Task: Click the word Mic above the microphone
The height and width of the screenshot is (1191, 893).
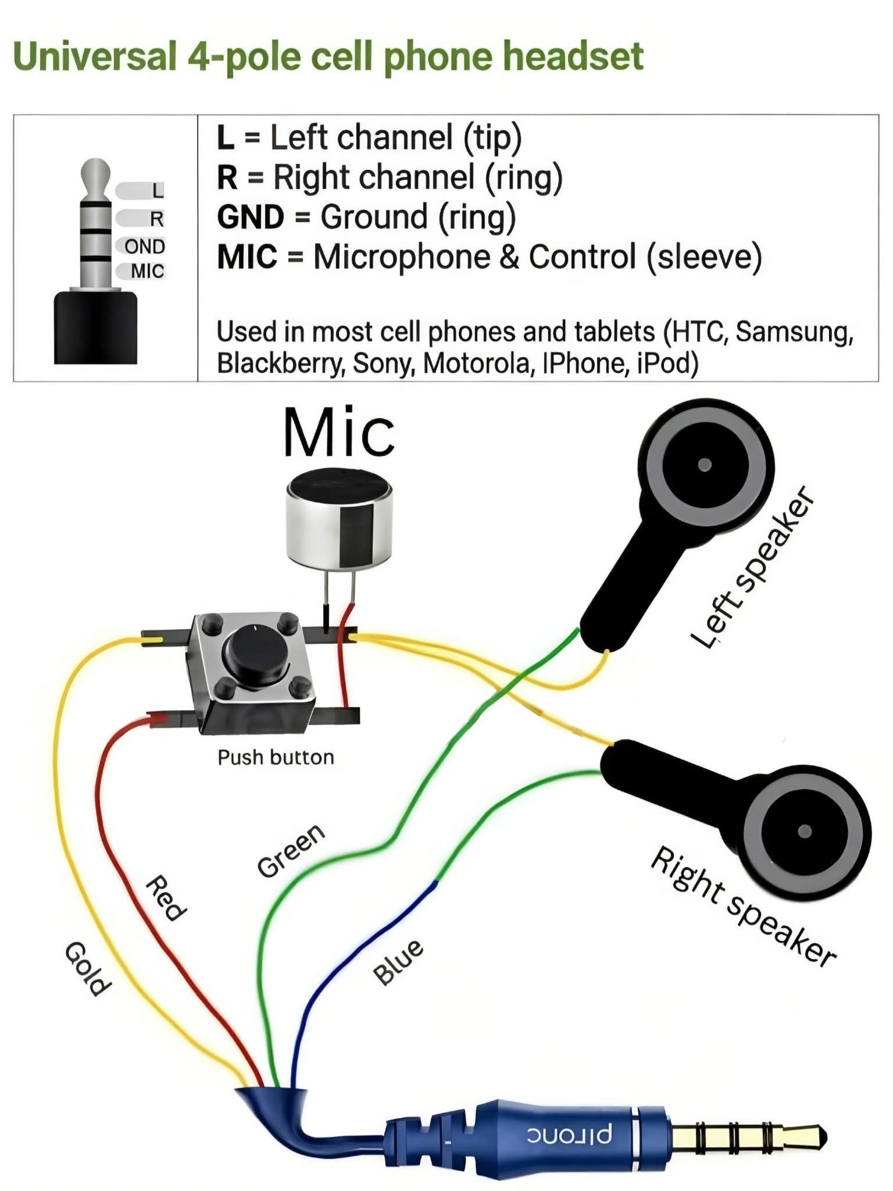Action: tap(339, 433)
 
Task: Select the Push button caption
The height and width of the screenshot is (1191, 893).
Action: tap(276, 757)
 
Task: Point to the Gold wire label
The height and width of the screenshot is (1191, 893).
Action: tap(87, 968)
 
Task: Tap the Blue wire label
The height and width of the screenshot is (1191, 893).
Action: tap(398, 962)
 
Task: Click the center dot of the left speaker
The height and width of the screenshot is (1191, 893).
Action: tap(705, 465)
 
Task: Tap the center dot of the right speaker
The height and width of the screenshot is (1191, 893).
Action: tap(805, 830)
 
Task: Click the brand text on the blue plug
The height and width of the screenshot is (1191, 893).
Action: tap(569, 1135)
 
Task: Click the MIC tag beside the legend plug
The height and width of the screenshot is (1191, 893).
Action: tap(147, 271)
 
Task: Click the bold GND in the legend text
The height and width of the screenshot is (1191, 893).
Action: tap(251, 217)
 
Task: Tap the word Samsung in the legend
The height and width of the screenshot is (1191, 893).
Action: tap(794, 331)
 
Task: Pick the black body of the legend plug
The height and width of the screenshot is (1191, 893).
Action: tap(96, 329)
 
